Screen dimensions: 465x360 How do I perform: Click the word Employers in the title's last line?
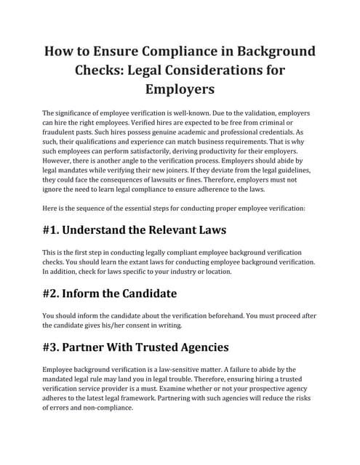click(180, 90)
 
